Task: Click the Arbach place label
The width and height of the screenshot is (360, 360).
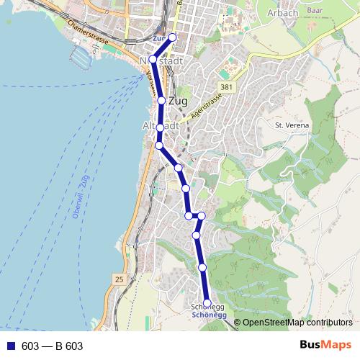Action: (282, 13)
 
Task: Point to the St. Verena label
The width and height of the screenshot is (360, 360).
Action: (292, 125)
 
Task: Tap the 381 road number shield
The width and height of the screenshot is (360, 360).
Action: (228, 87)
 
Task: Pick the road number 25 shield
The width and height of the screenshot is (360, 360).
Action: (119, 279)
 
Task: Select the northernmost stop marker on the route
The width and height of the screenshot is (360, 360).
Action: (172, 37)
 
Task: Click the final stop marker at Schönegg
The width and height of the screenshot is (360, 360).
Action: (207, 303)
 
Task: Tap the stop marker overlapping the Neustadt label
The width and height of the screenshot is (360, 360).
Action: (153, 59)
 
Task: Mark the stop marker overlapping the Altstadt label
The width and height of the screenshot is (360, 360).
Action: (161, 128)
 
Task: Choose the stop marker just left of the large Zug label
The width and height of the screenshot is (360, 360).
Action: (161, 101)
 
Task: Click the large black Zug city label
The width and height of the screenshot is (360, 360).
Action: (177, 102)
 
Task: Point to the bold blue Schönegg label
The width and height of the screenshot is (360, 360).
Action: (210, 315)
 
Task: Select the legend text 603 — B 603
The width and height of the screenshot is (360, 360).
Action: (53, 346)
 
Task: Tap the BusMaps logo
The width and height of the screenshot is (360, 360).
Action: (325, 346)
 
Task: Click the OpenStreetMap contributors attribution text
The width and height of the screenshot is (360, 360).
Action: (297, 323)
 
